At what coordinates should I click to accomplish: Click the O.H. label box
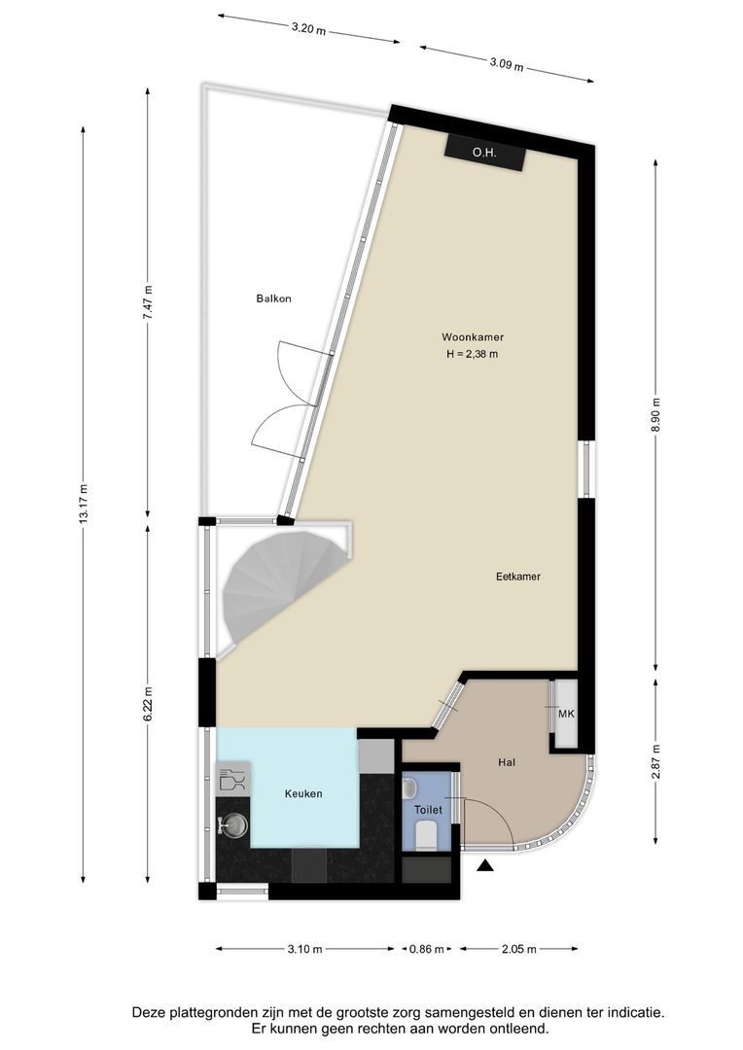coord(484,152)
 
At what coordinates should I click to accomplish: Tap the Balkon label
coord(273,298)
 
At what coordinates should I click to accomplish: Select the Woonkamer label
coord(472,337)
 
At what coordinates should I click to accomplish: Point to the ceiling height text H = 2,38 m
coord(472,355)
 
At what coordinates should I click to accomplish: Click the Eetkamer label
coord(517,577)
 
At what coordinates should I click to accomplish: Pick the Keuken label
coord(303,793)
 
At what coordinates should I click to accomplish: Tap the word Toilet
coord(428,809)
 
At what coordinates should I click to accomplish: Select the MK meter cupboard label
coord(566,715)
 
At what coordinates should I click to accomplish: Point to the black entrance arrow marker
coord(484,865)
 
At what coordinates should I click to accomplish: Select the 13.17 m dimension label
coord(84,505)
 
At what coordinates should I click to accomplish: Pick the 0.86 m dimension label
coord(426,949)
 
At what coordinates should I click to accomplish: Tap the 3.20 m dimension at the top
coord(308,29)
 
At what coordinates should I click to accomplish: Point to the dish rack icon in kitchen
coord(231,779)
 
